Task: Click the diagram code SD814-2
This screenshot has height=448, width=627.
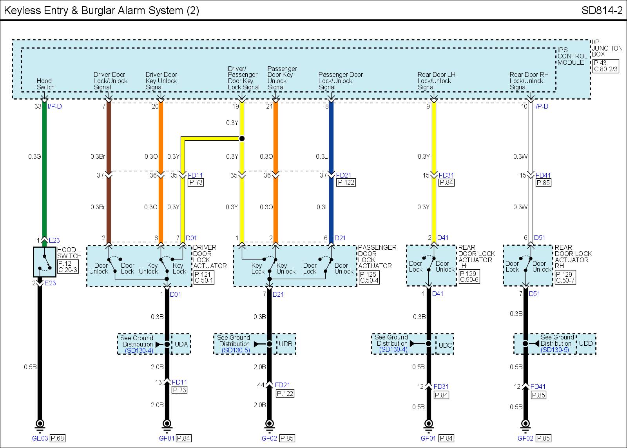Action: (x=602, y=10)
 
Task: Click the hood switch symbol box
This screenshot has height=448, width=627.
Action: (x=45, y=262)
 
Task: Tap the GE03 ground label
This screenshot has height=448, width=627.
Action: (x=40, y=438)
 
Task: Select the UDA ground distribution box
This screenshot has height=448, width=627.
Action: (x=181, y=344)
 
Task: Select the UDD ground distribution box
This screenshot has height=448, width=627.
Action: (x=586, y=344)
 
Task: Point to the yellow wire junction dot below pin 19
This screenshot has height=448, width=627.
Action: (x=242, y=138)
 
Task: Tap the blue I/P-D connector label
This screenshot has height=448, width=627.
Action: (x=55, y=106)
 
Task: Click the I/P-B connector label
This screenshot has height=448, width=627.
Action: (x=541, y=106)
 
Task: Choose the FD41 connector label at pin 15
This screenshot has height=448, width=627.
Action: (x=543, y=176)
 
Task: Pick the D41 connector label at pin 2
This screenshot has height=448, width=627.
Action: (x=443, y=238)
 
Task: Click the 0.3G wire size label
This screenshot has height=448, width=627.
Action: (x=34, y=157)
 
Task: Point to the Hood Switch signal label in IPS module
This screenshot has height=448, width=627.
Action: (x=45, y=84)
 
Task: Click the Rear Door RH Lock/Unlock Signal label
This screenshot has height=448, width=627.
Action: (x=529, y=81)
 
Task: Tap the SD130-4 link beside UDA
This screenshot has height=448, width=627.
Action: (x=139, y=350)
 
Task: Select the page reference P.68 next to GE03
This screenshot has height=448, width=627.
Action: (x=57, y=438)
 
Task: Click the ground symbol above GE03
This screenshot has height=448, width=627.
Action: (x=40, y=424)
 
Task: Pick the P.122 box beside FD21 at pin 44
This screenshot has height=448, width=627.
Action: (x=285, y=394)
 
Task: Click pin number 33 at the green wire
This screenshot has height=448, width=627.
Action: (x=38, y=106)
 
